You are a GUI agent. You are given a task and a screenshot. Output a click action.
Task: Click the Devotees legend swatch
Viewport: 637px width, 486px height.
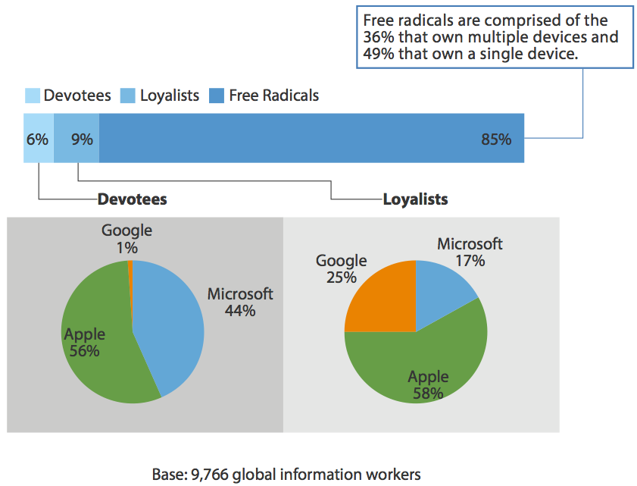tap(32, 96)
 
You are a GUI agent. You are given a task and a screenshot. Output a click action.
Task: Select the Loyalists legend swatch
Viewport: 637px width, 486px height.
tap(128, 96)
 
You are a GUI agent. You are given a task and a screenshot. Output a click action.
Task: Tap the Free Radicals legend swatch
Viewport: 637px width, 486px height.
tap(217, 96)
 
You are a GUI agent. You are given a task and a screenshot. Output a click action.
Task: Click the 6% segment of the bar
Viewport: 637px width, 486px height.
tap(38, 139)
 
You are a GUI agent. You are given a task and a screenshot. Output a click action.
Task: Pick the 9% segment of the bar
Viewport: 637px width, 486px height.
tap(77, 139)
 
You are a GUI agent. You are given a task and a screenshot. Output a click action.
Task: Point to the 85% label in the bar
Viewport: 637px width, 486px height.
tap(496, 140)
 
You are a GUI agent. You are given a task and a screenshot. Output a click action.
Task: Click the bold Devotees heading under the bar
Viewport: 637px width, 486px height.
tap(132, 200)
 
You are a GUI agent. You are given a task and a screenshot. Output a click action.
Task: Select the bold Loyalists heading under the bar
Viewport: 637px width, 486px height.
tap(415, 200)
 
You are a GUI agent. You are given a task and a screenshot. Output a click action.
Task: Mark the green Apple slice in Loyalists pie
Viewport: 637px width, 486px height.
tap(417, 364)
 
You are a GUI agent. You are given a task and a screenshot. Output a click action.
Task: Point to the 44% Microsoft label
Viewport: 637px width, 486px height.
tap(240, 311)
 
